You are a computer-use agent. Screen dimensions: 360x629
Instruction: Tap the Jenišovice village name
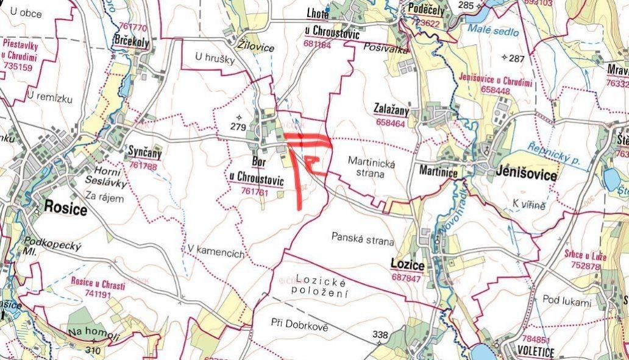tap(526, 174)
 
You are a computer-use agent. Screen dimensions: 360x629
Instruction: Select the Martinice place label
tap(438, 172)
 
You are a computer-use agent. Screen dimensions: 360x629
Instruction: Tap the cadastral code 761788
tap(144, 166)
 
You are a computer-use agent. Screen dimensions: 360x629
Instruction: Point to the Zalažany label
tap(391, 109)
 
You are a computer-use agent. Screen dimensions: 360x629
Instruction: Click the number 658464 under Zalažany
tap(391, 122)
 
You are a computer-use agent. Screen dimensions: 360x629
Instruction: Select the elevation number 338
tap(380, 334)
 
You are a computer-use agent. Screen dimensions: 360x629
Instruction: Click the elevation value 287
tap(516, 58)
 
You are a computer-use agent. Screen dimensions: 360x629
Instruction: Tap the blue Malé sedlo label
tap(494, 31)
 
